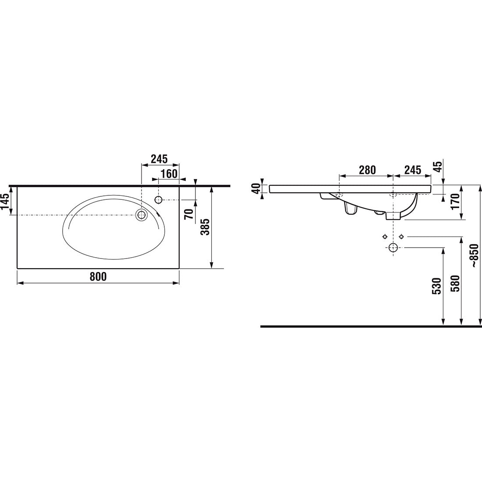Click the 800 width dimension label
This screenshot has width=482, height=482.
[x=98, y=276]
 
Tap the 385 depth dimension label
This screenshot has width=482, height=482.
[x=205, y=227]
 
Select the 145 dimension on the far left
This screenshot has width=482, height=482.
[x=5, y=202]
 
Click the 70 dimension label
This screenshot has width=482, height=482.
[x=189, y=214]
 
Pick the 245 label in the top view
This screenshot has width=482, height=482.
[x=159, y=159]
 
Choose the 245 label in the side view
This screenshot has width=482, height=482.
[x=412, y=170]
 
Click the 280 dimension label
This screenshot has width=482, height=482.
[x=367, y=170]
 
